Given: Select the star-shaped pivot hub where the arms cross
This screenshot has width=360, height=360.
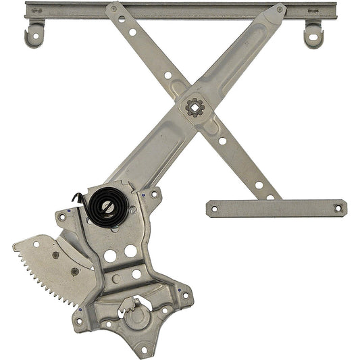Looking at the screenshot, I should pyautogui.click(x=195, y=107).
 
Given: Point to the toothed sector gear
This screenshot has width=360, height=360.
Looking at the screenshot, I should pyautogui.click(x=47, y=270).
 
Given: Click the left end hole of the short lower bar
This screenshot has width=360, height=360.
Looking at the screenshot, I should pyautogui.click(x=215, y=209).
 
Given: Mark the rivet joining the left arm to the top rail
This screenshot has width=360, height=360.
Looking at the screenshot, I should pyautogui.click(x=113, y=10).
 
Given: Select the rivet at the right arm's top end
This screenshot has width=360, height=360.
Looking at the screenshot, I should pyautogui.click(x=278, y=10).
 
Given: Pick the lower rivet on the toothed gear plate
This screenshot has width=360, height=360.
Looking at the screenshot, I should pyautogui.click(x=74, y=272).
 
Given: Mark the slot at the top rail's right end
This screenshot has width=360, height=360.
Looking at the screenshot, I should pyautogui.click(x=312, y=10).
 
